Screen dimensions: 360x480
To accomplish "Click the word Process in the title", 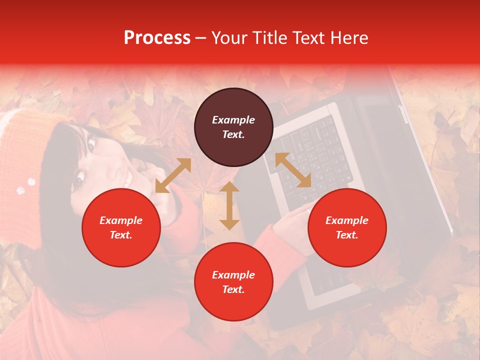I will coord(157,38).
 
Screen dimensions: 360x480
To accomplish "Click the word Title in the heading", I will coord(268,38).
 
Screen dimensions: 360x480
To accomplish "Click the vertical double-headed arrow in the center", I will coord(229,205).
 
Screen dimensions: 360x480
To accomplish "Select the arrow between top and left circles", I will coord(173,175).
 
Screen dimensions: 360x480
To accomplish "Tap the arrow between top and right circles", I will coord(293,170).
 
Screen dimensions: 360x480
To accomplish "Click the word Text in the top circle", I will coord(233,134).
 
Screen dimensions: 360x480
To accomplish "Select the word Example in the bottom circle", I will coord(233,275).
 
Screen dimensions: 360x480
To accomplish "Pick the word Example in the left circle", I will coord(121,220).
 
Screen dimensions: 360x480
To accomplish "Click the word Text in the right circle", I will coord(347,235).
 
